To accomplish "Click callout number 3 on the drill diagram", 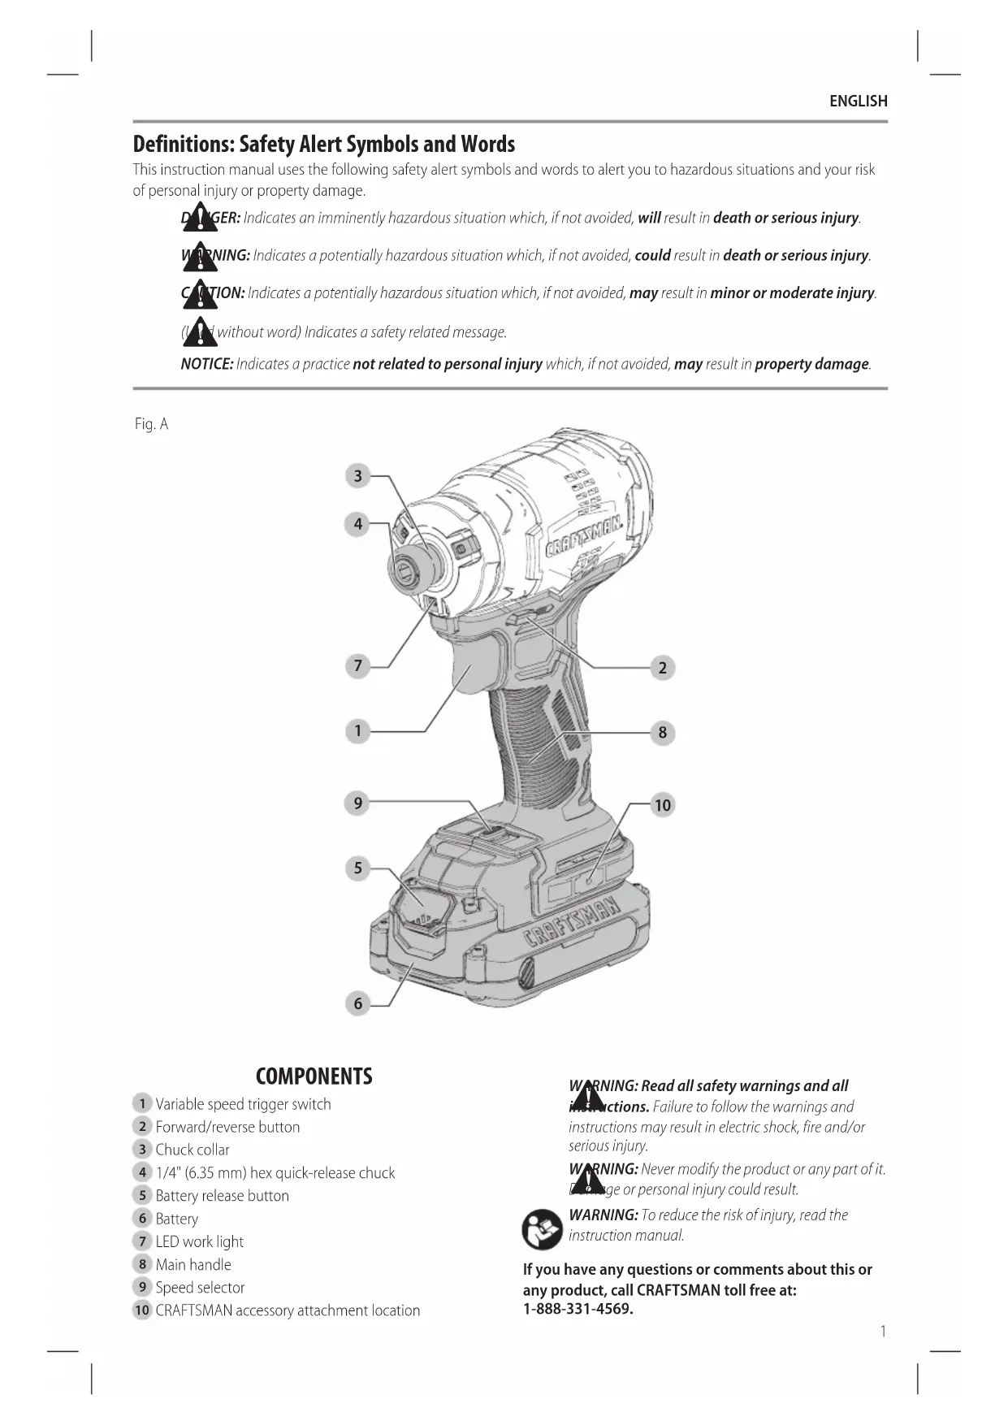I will click(357, 476).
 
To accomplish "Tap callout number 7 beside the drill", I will click(357, 666).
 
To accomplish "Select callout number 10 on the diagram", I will click(663, 805).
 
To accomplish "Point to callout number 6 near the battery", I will click(357, 1003).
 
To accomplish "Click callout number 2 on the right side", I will click(663, 668).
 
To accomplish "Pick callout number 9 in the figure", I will click(357, 803).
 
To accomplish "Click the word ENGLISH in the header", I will click(858, 102).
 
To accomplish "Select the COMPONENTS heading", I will click(314, 1076).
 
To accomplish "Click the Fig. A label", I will click(151, 424).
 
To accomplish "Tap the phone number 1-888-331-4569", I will click(578, 1309).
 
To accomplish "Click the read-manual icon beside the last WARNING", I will click(542, 1229).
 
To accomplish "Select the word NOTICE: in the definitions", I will click(207, 364).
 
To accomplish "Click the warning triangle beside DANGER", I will click(199, 218).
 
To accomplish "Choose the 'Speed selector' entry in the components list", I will click(200, 1287).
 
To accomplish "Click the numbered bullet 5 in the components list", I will click(142, 1195).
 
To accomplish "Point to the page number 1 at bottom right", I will click(883, 1331).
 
